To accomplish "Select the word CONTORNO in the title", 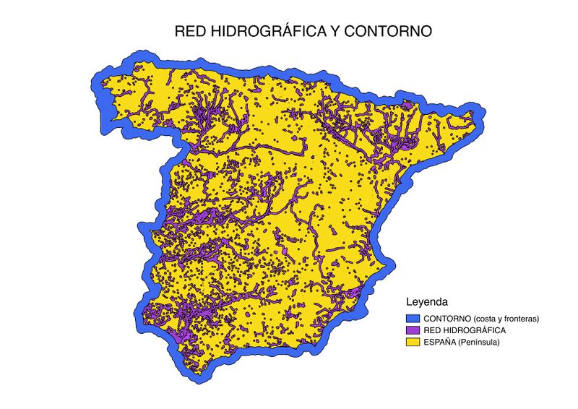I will [387, 33].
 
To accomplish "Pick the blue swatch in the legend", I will [413, 318].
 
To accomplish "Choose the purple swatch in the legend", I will [413, 330].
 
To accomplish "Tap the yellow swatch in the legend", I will [413, 341].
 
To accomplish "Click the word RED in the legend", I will [432, 330].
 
